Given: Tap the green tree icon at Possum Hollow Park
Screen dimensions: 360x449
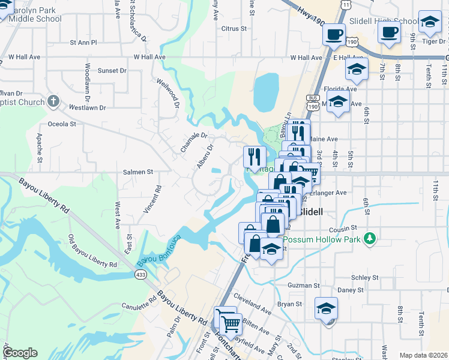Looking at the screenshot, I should pyautogui.click(x=371, y=239).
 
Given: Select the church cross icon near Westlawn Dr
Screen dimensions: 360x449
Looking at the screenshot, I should pyautogui.click(x=53, y=100).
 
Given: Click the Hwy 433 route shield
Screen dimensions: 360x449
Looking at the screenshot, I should pyautogui.click(x=140, y=274).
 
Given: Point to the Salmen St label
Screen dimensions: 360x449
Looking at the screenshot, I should pyautogui.click(x=138, y=172).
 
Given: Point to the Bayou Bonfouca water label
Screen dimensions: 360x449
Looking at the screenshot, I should pyautogui.click(x=158, y=250).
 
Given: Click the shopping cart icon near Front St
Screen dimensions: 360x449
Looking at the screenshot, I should pyautogui.click(x=231, y=324).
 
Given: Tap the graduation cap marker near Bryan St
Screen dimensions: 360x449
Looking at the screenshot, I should pyautogui.click(x=326, y=308).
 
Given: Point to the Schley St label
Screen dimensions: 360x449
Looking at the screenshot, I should pyautogui.click(x=365, y=278).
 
